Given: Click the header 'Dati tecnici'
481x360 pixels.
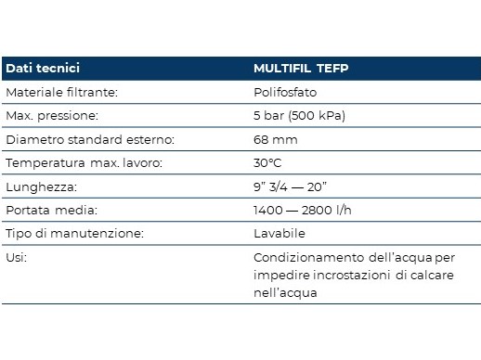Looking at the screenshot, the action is [43, 68].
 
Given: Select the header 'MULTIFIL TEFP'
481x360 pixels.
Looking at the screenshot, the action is [301, 68].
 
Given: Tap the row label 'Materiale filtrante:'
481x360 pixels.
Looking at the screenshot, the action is [62, 92].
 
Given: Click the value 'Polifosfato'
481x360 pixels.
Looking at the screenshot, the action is [285, 92].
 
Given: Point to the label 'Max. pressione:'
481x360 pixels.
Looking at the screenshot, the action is [52, 116].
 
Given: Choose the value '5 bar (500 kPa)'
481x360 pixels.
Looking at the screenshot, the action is [299, 116].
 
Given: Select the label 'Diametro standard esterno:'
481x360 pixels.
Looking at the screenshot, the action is [90, 139].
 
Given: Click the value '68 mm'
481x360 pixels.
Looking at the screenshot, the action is [276, 140].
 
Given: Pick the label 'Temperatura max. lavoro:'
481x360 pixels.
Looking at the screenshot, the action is [84, 162].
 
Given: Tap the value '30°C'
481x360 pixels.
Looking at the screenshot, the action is [267, 163].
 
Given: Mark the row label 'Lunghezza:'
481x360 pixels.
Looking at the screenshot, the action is [41, 187].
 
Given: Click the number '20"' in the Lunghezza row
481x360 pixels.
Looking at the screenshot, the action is [317, 186].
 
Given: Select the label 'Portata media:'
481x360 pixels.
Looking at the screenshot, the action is [52, 211].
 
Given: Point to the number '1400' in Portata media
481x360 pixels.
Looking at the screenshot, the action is [268, 211].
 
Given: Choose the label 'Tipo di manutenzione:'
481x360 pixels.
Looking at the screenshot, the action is [75, 234].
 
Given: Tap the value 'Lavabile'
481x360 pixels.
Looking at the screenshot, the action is [279, 234].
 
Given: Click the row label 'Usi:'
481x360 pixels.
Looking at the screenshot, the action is [17, 257].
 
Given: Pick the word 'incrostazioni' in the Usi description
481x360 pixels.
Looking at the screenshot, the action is [352, 275].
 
